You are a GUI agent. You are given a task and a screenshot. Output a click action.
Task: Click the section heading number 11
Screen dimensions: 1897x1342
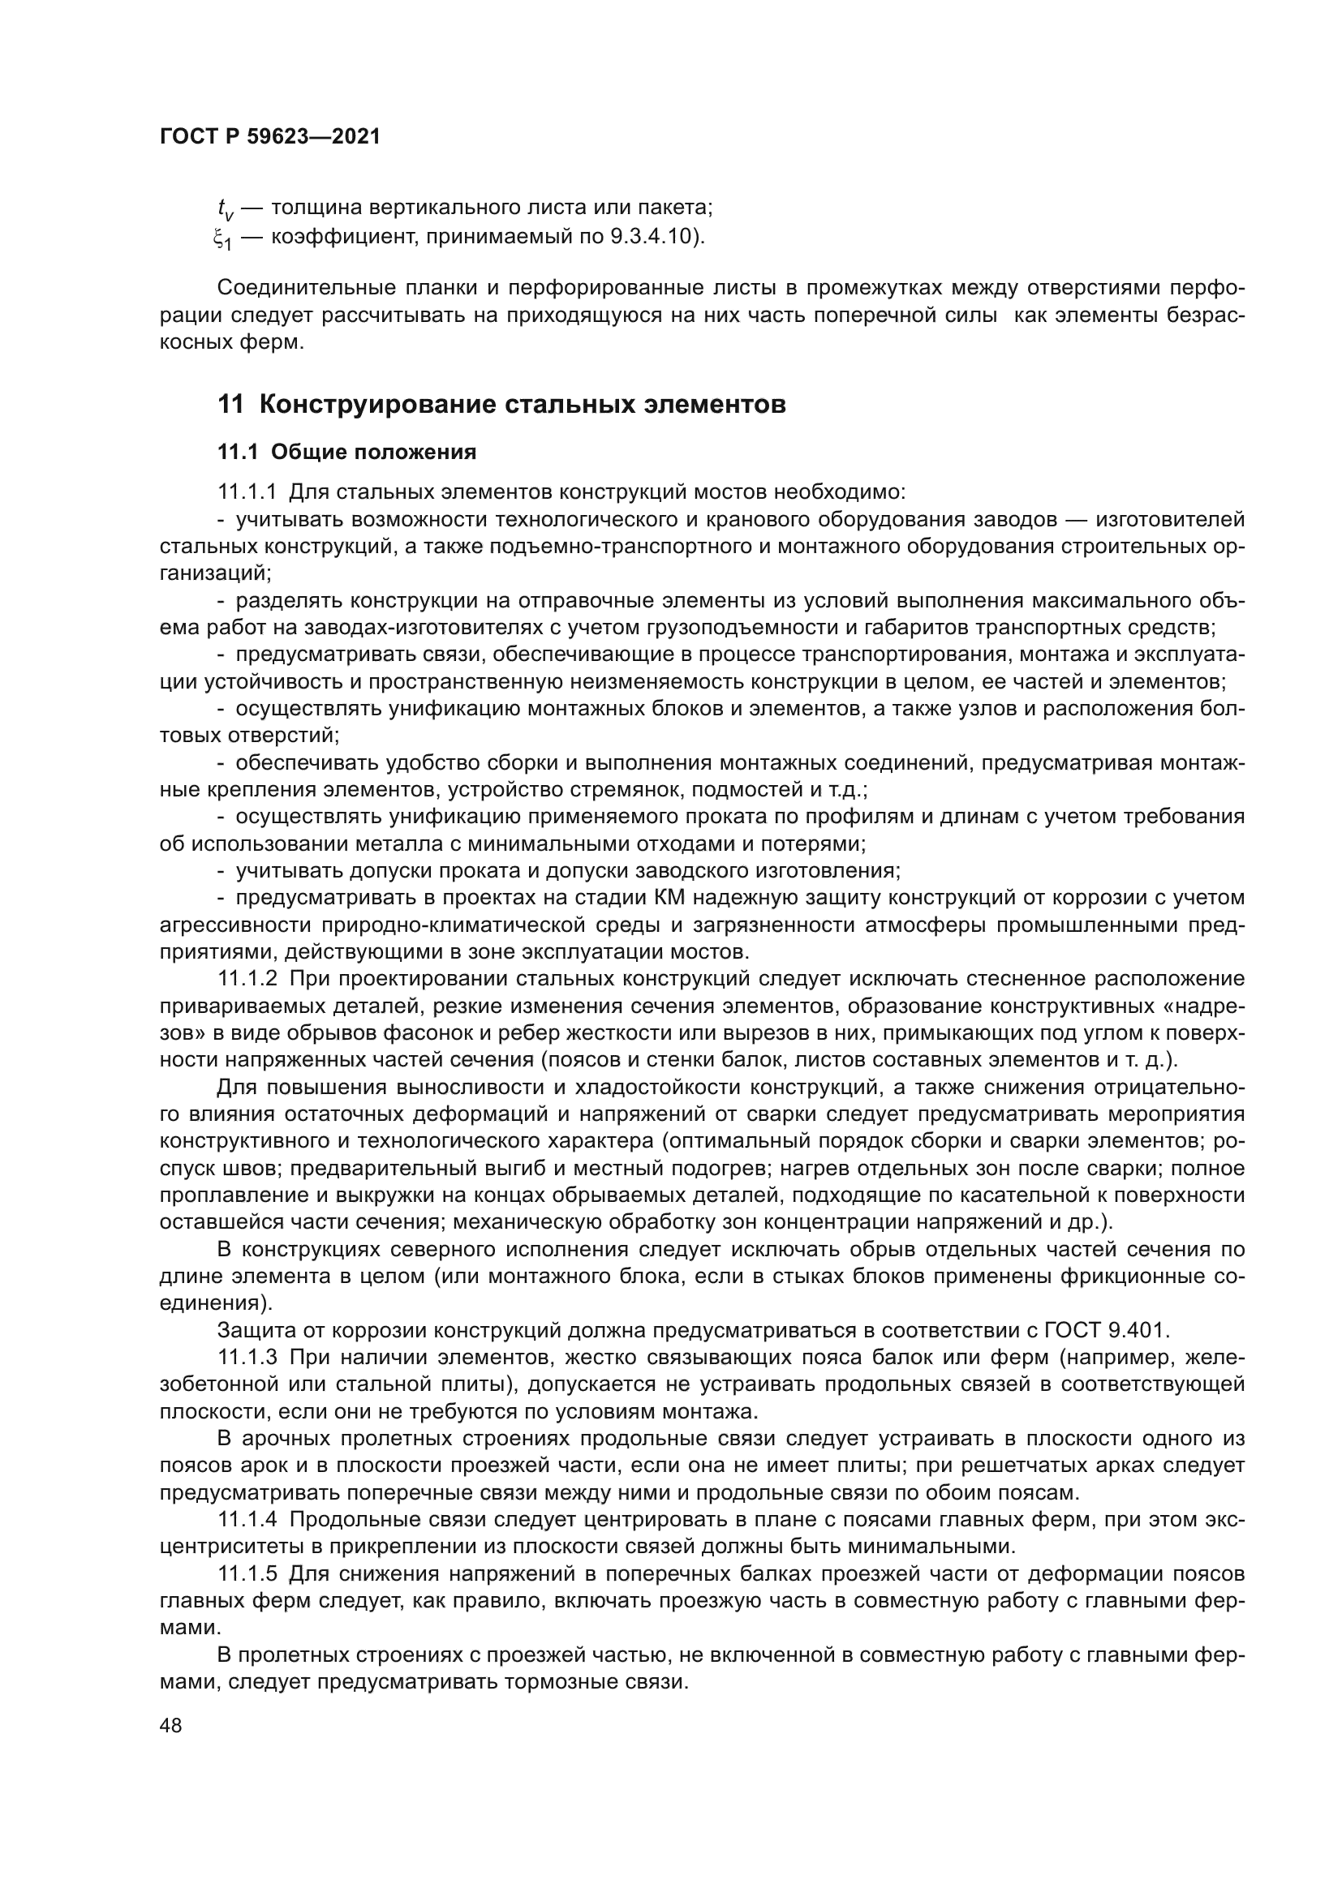click(x=230, y=405)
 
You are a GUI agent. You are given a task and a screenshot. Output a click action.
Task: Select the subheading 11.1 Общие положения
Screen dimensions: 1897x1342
click(x=347, y=452)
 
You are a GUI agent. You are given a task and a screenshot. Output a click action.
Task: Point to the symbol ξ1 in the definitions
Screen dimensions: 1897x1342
click(x=222, y=238)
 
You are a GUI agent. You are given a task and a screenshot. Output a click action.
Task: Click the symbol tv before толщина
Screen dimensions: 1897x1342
click(x=222, y=208)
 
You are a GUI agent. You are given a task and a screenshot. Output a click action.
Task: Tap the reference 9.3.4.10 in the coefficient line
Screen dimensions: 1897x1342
click(x=654, y=237)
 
